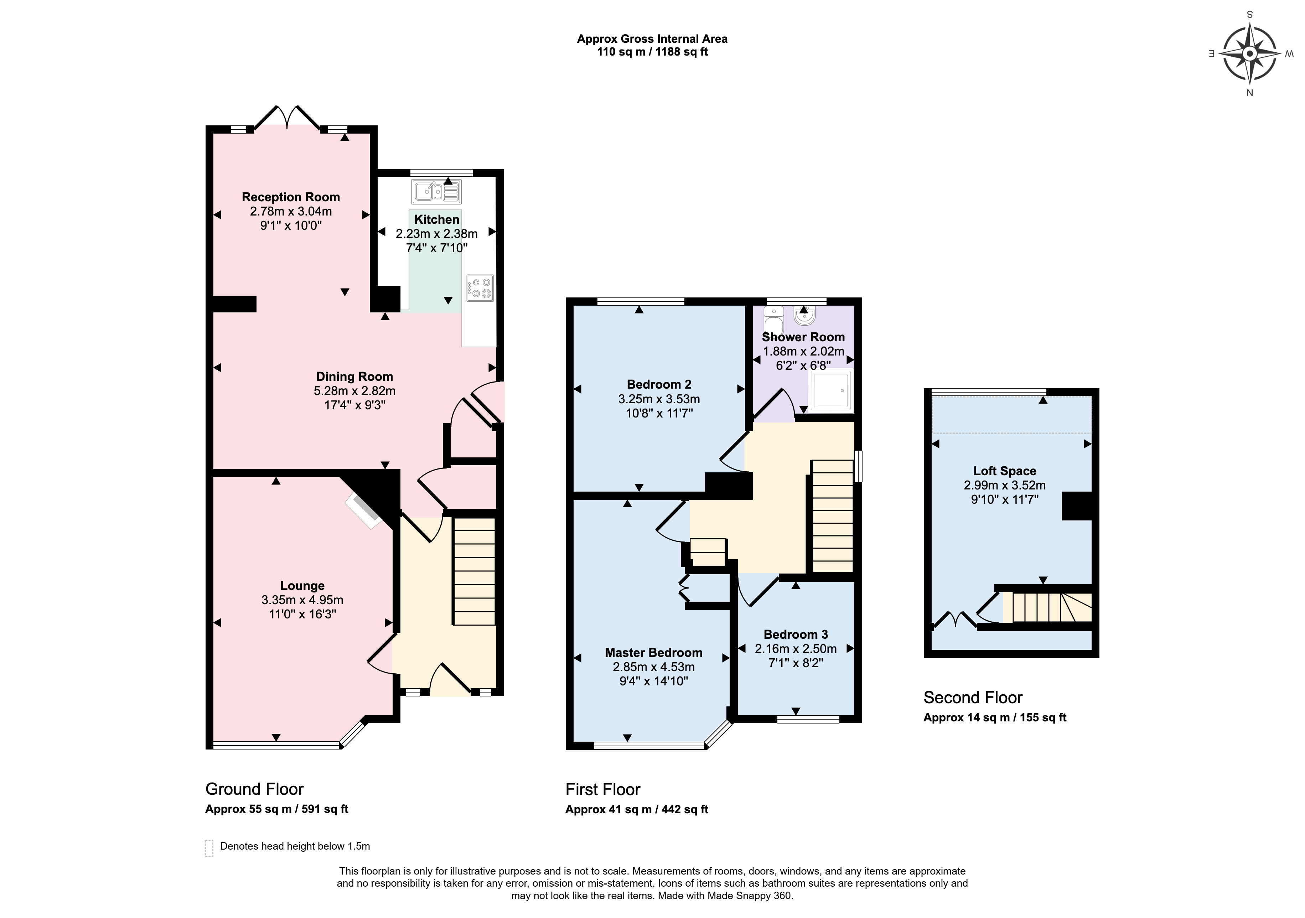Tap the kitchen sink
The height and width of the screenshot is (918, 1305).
436,192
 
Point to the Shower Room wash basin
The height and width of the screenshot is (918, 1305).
804,316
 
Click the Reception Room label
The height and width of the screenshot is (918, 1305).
291,197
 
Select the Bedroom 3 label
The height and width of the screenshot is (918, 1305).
796,634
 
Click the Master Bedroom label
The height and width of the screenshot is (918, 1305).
654,653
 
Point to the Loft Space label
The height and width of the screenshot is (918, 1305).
1005,471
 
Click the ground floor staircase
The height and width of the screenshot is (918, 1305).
475,571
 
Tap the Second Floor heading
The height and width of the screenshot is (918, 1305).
973,697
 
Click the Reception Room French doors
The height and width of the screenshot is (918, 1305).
287,118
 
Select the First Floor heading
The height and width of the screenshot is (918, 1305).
603,789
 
